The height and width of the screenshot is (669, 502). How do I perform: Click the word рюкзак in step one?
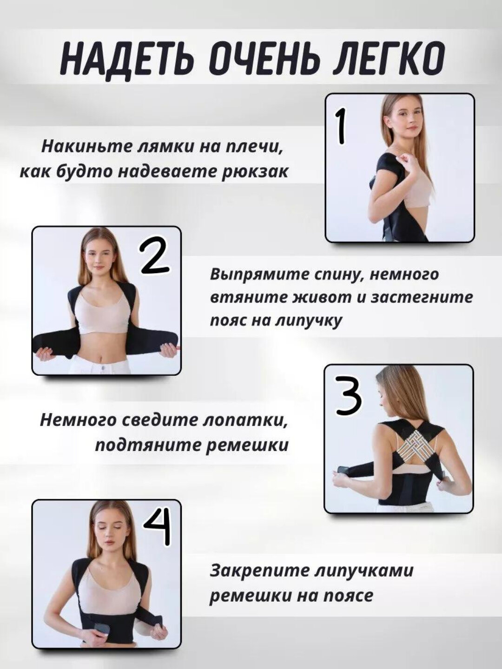click(x=257, y=172)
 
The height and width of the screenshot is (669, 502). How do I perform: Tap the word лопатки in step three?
click(x=246, y=420)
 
